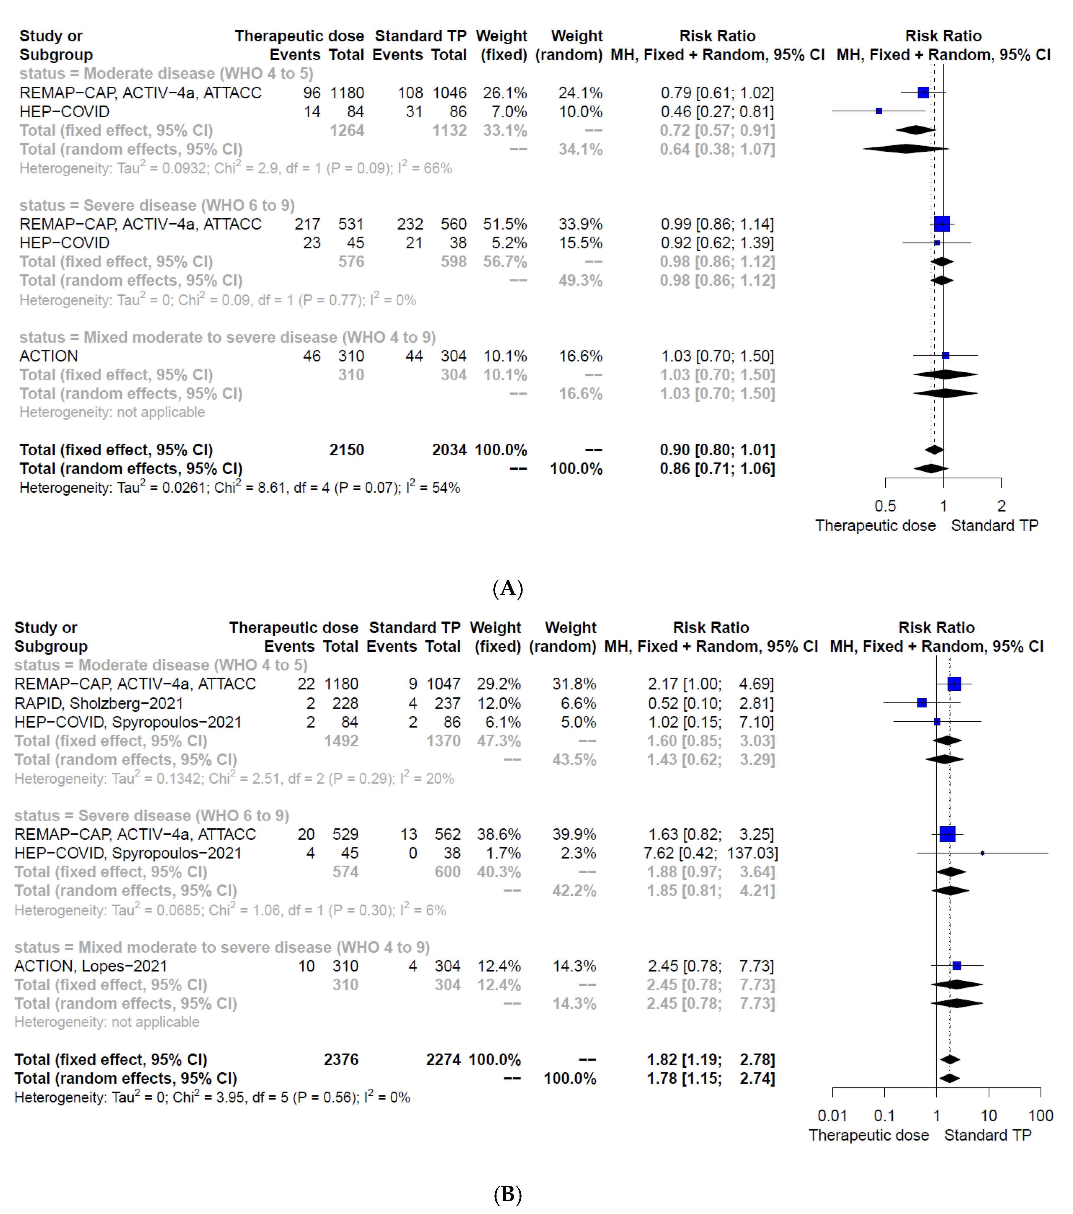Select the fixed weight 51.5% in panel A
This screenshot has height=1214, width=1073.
click(504, 224)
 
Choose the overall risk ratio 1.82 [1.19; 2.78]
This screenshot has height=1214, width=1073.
click(711, 1060)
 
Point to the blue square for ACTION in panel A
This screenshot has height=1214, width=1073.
click(945, 356)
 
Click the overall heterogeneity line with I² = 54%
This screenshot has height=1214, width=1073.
click(239, 488)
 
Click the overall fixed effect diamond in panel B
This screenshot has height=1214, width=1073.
click(950, 1060)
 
